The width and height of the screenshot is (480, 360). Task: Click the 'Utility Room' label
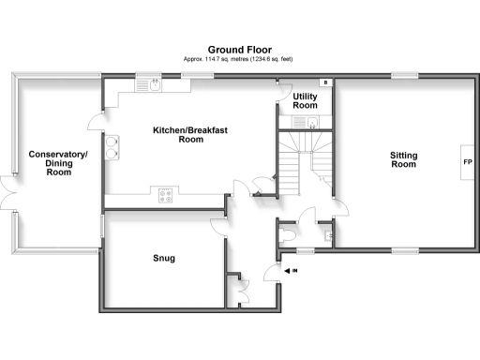click(x=306, y=101)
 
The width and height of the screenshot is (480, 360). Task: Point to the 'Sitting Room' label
click(x=403, y=158)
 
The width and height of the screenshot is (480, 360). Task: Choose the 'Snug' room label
click(x=163, y=258)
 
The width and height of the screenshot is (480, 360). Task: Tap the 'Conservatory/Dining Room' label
click(x=58, y=162)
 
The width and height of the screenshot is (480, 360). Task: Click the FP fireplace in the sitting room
click(x=467, y=162)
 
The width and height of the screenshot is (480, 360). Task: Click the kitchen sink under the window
click(x=149, y=85)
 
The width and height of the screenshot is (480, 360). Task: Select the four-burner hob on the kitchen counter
click(x=167, y=196)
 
